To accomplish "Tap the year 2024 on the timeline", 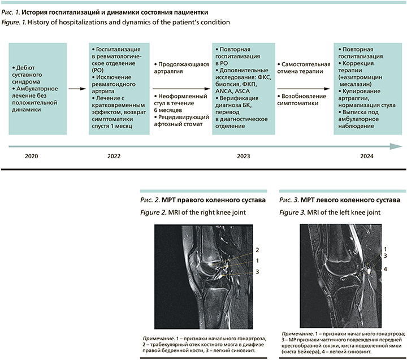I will point(358,155).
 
